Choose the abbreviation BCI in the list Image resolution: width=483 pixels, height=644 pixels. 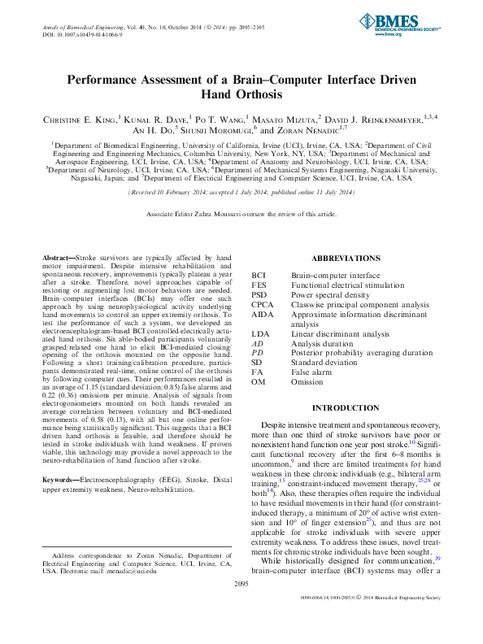pyautogui.click(x=259, y=276)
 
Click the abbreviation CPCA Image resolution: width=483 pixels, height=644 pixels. pyautogui.click(x=263, y=305)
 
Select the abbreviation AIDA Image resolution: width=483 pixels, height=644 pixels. pyautogui.click(x=263, y=314)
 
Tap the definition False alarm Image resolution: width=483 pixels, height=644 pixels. pyautogui.click(x=313, y=372)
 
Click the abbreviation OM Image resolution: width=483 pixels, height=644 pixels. pyautogui.click(x=259, y=382)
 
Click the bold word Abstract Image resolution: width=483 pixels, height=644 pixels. pyautogui.click(x=58, y=257)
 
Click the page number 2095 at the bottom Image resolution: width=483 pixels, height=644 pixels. pyautogui.click(x=241, y=607)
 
